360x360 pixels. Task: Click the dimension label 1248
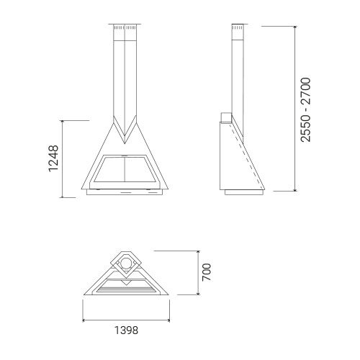click(x=53, y=158)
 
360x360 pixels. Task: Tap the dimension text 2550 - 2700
click(x=306, y=109)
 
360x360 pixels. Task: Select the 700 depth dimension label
click(x=207, y=272)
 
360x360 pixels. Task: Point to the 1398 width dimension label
click(x=126, y=330)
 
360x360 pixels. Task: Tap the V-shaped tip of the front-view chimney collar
click(x=125, y=143)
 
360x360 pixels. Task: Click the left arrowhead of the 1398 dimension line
click(x=84, y=320)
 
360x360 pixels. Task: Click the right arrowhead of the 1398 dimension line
click(x=168, y=320)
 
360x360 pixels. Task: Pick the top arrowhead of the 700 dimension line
click(x=198, y=253)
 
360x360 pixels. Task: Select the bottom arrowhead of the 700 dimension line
click(x=198, y=293)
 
